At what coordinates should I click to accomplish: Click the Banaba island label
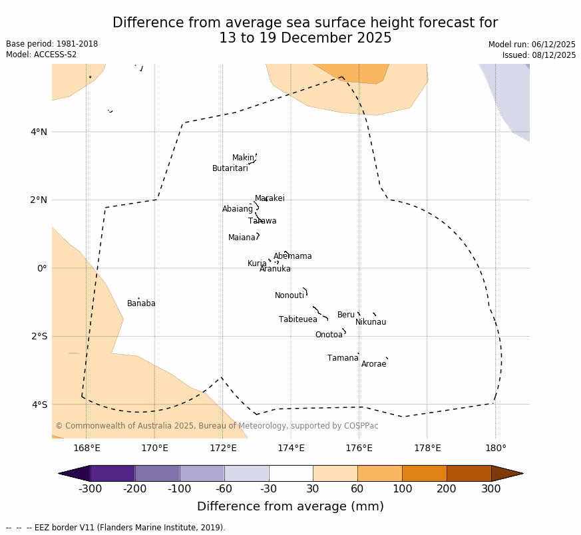[x=141, y=303]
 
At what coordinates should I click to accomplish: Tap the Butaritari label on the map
[x=230, y=168]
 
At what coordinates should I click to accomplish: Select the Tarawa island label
[x=262, y=221]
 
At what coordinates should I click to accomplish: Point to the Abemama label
[x=292, y=256]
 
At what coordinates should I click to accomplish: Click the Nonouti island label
[x=290, y=295]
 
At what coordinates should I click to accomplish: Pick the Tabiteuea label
[x=297, y=319]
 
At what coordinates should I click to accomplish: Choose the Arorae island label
[x=373, y=364]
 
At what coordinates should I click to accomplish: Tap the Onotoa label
[x=329, y=335]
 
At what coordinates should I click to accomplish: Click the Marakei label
[x=270, y=198]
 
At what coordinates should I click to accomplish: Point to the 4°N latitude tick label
[x=39, y=132]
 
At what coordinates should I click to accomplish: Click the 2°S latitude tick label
[x=39, y=336]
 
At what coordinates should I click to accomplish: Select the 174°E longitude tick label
[x=291, y=448]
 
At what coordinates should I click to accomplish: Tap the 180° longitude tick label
[x=495, y=448]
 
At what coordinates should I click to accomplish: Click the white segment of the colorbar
[x=291, y=473]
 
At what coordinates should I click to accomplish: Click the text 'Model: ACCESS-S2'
[x=41, y=55]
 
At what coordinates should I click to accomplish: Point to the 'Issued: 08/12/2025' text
[x=539, y=55]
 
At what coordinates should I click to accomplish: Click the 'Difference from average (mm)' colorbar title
[x=290, y=506]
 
